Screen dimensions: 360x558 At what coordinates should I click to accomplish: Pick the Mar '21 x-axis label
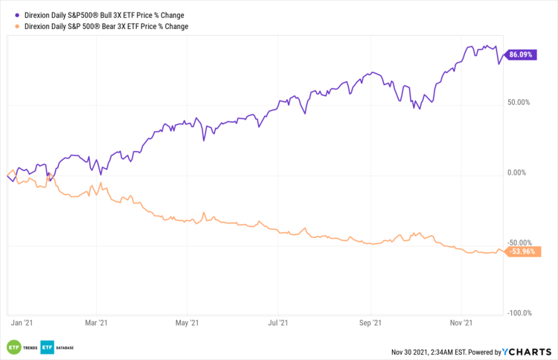click(x=97, y=323)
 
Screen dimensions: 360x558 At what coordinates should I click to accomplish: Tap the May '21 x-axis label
click(x=188, y=323)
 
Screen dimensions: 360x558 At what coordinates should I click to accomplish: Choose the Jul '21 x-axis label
click(x=278, y=323)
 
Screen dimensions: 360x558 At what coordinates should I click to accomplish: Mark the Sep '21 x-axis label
click(x=370, y=323)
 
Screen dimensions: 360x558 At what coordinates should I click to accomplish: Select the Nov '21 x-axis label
click(x=461, y=323)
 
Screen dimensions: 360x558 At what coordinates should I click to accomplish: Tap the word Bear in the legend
click(x=113, y=26)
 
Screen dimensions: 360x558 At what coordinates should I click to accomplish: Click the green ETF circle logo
click(x=13, y=347)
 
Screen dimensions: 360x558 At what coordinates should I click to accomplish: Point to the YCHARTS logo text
click(x=529, y=351)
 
